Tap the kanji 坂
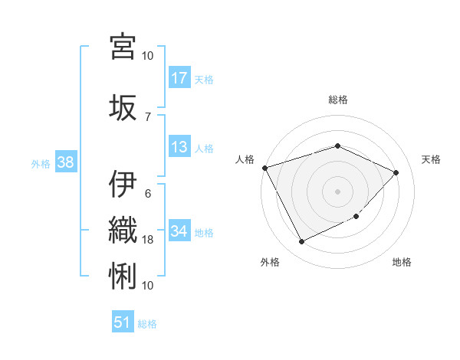point(123,106)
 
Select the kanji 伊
point(123,185)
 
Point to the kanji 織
point(123,229)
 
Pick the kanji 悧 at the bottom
point(123,275)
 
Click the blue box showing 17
point(179,78)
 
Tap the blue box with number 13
point(179,148)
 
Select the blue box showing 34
point(179,231)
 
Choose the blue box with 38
point(65,162)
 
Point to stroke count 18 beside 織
point(148,240)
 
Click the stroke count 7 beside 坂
point(148,116)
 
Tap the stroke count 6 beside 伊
point(148,194)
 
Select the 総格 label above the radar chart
point(337,100)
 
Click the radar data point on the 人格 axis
point(264,167)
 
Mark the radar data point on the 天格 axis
point(396,172)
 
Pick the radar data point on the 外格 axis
point(301,242)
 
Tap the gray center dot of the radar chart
point(337,191)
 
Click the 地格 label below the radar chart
point(402,263)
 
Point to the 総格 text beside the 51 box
point(147,324)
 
